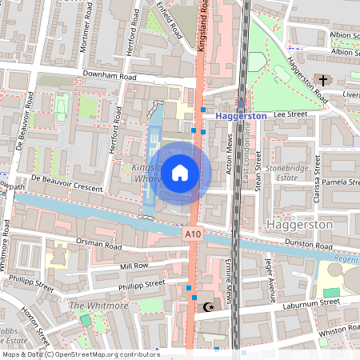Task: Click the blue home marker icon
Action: coord(180,171)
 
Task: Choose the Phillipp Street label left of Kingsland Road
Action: coord(142,283)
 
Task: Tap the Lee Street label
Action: coord(290,114)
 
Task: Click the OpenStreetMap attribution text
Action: coord(80,354)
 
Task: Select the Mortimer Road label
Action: coord(85,36)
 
